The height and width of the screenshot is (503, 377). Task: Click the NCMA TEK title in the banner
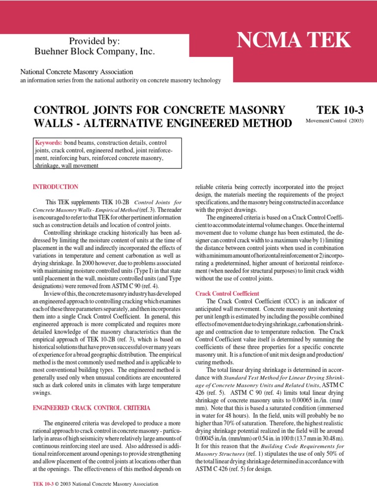click(x=294, y=40)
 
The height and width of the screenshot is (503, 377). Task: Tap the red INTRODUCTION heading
click(x=55, y=187)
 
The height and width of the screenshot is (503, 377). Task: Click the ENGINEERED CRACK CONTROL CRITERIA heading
click(x=91, y=408)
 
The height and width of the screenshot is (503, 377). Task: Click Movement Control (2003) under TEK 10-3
click(x=334, y=121)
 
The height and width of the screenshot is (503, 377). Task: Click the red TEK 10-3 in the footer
click(x=44, y=484)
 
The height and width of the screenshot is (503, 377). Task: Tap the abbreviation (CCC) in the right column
click(x=285, y=301)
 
